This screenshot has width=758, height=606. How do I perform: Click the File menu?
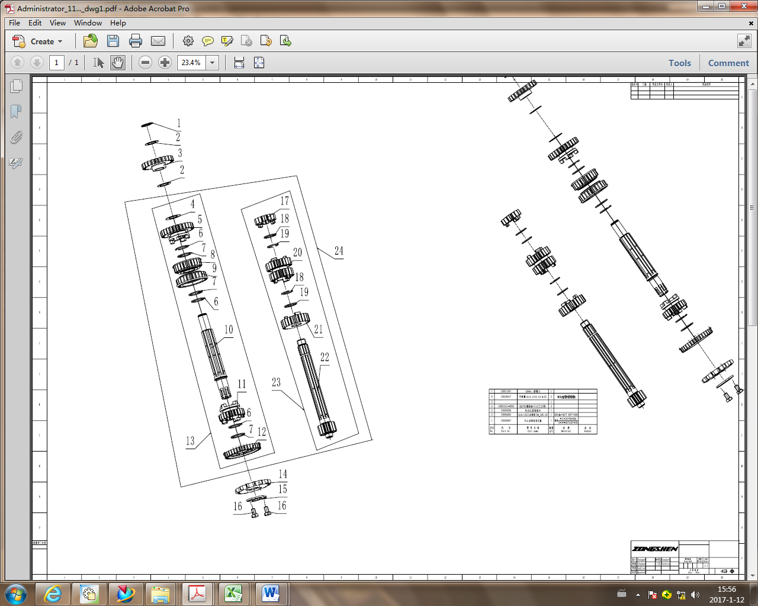[x=14, y=23]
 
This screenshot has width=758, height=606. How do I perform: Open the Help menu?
[x=118, y=23]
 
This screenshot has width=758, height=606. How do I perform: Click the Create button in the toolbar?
[x=37, y=41]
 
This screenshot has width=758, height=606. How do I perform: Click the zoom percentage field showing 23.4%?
[x=191, y=63]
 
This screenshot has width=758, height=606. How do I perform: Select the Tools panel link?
[x=679, y=63]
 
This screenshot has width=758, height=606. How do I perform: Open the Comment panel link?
[x=728, y=63]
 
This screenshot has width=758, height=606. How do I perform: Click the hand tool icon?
[x=118, y=63]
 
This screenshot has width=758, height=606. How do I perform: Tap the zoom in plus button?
[x=165, y=63]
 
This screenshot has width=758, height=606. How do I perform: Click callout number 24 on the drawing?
[x=339, y=251]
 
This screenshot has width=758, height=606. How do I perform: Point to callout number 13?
[x=190, y=441]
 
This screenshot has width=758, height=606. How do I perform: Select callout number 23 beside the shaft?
[x=276, y=382]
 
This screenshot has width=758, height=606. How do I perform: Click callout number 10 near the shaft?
[x=229, y=330]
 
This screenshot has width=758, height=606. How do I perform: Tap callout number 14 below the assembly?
[x=283, y=474]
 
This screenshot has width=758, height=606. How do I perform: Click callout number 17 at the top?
[x=285, y=201]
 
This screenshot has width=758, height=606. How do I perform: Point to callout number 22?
[x=325, y=357]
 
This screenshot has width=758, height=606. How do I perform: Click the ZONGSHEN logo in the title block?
[x=654, y=549]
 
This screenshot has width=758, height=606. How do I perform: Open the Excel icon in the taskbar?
[x=234, y=593]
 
